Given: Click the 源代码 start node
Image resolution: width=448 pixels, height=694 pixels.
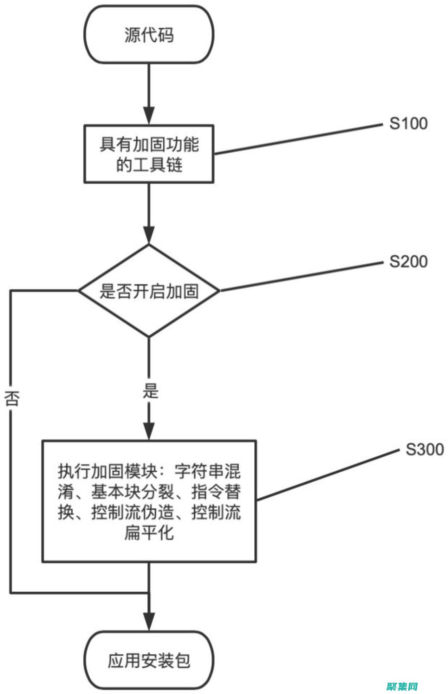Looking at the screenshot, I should [149, 34].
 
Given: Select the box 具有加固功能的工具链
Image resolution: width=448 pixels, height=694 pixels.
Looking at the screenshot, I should [149, 154].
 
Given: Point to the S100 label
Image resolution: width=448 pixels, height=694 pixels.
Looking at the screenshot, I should [408, 123].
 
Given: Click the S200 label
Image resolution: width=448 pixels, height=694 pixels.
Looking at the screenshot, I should [408, 262].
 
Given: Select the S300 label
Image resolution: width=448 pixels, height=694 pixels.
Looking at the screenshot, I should [424, 449].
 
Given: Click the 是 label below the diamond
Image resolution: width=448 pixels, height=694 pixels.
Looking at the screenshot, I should [150, 391].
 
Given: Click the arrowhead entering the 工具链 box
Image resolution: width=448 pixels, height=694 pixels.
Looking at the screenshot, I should [149, 116].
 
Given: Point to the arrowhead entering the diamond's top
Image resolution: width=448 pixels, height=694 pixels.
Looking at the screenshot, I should [149, 235].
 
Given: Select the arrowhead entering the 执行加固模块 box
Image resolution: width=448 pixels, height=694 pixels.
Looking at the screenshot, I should [149, 431].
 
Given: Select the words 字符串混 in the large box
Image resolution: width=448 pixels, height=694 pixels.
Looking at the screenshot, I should [207, 472].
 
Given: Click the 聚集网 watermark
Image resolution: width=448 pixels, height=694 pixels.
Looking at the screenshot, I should [402, 685].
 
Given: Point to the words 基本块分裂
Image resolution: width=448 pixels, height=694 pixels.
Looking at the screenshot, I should [134, 492].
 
